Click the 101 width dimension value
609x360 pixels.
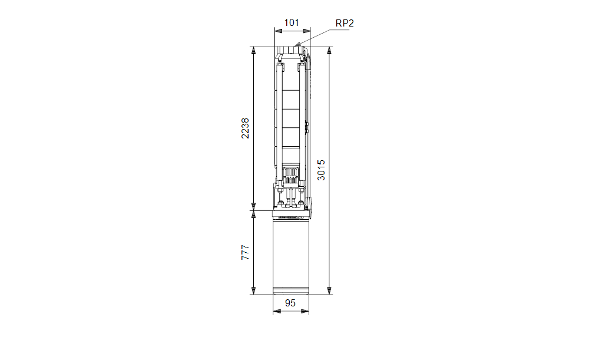(292, 23)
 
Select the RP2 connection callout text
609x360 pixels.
(345, 24)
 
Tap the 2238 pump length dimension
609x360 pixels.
(245, 128)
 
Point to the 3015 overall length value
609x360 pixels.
(321, 170)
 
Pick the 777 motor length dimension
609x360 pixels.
(245, 252)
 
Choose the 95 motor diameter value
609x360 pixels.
(290, 303)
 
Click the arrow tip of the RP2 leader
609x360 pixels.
(296, 45)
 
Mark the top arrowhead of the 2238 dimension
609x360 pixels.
(254, 49)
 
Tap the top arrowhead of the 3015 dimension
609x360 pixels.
(329, 49)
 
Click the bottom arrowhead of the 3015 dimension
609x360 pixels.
(329, 291)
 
